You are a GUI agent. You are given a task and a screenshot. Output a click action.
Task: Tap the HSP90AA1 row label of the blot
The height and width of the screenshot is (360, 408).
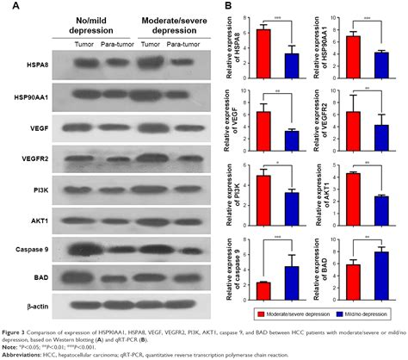pos(25,96)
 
